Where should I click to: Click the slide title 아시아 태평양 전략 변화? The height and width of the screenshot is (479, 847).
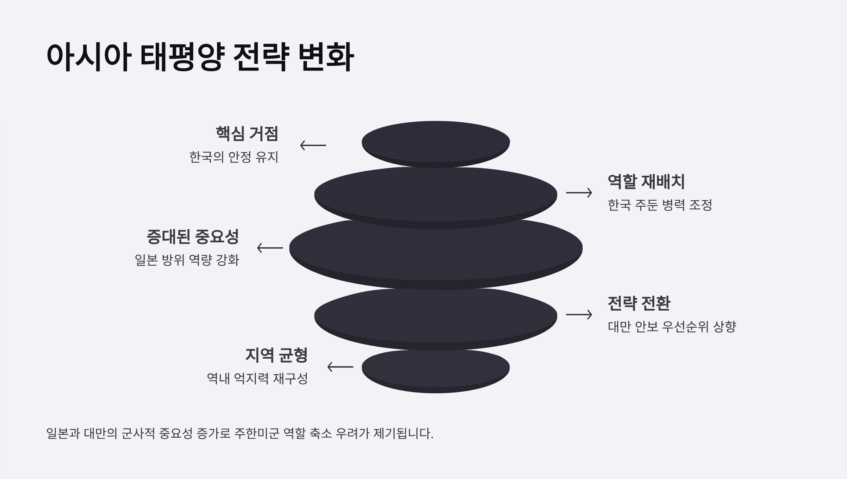click(x=200, y=57)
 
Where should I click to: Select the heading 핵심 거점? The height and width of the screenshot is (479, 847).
click(x=247, y=134)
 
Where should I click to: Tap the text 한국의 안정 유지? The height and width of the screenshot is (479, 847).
click(x=234, y=157)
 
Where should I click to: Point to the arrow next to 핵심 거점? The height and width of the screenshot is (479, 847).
click(x=313, y=145)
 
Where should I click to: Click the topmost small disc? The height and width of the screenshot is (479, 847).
click(x=435, y=142)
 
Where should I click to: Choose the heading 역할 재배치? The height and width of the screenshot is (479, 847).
click(x=646, y=182)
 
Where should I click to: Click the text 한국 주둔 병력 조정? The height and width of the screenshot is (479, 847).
click(x=660, y=205)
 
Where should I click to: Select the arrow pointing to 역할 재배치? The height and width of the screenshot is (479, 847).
click(x=579, y=193)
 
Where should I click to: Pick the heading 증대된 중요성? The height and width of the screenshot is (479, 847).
click(x=193, y=237)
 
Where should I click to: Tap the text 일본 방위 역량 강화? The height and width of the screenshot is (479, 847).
click(x=187, y=260)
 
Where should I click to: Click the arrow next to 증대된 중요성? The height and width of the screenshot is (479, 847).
click(x=270, y=248)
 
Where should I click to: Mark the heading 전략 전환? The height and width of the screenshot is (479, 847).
click(x=639, y=303)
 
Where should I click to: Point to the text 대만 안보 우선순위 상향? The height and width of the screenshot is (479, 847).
click(x=672, y=327)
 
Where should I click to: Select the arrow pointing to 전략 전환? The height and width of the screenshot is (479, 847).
click(x=579, y=314)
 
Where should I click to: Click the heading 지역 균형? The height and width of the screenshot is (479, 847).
click(x=276, y=355)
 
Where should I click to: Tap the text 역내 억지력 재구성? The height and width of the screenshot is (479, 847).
click(x=257, y=378)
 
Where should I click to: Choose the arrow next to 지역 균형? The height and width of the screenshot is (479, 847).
click(x=340, y=367)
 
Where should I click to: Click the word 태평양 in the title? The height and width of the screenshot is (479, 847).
click(x=182, y=57)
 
